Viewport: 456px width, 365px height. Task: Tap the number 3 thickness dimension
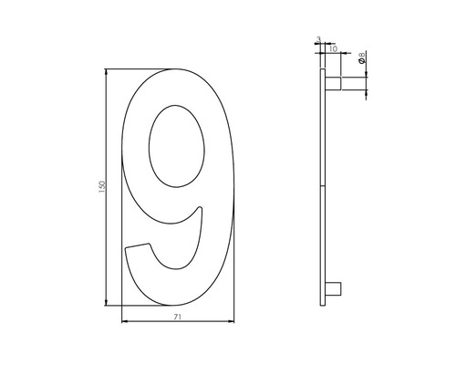click(x=318, y=39)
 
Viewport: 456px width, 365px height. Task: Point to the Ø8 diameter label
click(x=362, y=63)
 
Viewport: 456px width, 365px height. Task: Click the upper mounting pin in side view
click(x=335, y=84)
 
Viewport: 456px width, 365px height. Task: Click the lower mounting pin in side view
click(x=334, y=290)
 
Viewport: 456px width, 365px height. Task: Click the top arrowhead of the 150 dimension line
click(x=109, y=71)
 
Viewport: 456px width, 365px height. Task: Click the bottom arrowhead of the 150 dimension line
click(x=109, y=302)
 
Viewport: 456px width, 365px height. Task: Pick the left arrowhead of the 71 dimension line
click(x=123, y=322)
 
